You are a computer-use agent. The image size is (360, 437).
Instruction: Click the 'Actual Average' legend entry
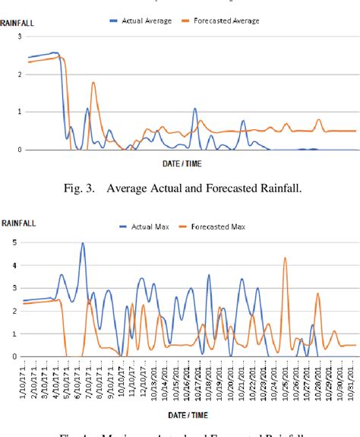point(146,21)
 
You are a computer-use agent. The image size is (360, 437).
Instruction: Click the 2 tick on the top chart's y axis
point(8,74)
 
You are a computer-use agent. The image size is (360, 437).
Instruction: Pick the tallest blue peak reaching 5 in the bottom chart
point(83,244)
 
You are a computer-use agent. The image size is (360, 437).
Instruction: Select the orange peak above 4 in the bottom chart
point(285,258)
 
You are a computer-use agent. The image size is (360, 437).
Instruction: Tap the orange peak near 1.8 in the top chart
point(93,83)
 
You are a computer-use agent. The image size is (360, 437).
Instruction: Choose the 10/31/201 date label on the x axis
point(352,378)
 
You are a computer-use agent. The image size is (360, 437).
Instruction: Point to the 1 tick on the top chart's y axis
point(8,112)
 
